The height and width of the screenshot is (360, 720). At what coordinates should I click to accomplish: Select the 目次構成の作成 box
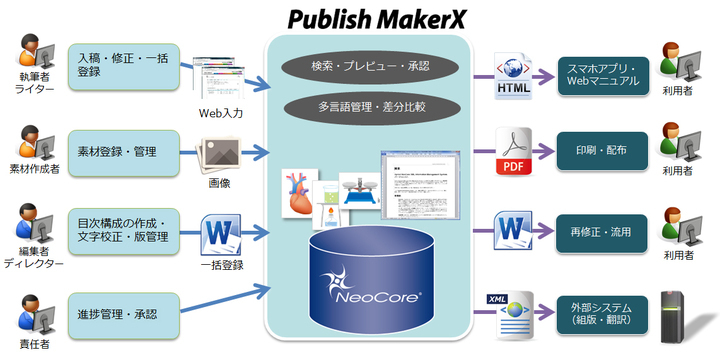123,228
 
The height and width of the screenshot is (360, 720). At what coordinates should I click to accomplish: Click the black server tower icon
680,313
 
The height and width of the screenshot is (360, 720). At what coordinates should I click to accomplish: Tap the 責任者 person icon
31,309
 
